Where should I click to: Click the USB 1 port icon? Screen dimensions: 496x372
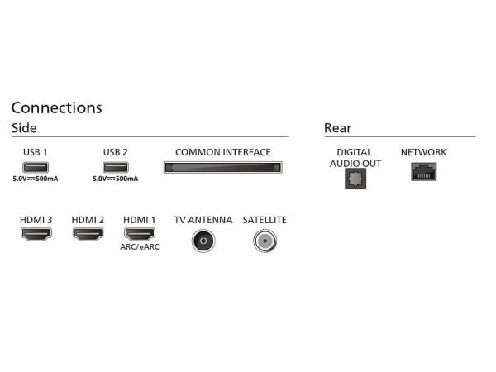36,167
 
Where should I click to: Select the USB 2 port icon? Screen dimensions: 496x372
116,167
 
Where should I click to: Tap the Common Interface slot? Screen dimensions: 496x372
222,167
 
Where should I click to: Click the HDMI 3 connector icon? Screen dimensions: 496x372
36,234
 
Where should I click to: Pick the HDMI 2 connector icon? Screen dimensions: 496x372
88,234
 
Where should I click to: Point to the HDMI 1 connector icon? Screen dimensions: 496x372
140,234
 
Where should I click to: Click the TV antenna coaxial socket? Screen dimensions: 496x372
203,241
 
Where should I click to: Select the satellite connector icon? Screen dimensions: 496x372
265,241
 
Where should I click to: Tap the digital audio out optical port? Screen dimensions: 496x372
355,179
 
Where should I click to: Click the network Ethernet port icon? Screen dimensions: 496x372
424,172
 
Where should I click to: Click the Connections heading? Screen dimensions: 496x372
56,107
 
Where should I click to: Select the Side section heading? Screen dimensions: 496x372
24,128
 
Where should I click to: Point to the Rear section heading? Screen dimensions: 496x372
338,128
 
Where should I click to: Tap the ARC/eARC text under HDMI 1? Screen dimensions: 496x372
140,246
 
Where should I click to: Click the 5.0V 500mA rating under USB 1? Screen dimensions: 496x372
36,179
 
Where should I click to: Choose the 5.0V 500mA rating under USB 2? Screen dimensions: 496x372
116,179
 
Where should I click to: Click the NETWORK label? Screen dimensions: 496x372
424,152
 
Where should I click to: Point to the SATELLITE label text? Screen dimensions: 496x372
265,220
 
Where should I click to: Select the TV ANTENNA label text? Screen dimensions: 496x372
203,220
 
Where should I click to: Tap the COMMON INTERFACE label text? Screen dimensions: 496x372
223,152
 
